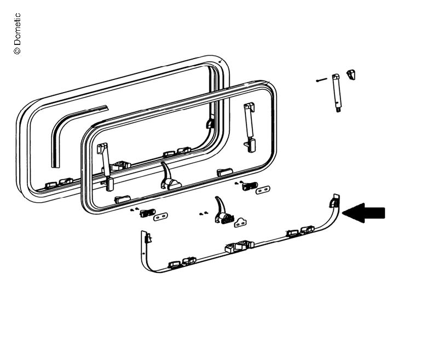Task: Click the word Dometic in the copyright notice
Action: coord(17,29)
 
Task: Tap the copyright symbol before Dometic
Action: coord(17,50)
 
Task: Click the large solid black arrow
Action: coord(364,213)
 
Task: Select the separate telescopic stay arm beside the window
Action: coord(337,93)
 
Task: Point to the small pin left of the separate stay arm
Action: coord(321,80)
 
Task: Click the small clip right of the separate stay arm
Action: coord(351,75)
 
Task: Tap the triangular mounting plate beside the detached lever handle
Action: coord(240,222)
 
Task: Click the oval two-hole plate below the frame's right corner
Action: coord(263,190)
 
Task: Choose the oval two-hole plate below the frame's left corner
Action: coord(160,217)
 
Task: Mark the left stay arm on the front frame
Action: coord(106,167)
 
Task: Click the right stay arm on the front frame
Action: coord(250,127)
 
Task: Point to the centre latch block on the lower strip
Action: coord(239,246)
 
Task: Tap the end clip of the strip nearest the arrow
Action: coord(335,201)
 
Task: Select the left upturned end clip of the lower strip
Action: coord(147,237)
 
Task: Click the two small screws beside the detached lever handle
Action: coord(203,214)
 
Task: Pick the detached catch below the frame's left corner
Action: coord(147,213)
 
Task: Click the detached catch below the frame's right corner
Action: coord(250,186)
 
